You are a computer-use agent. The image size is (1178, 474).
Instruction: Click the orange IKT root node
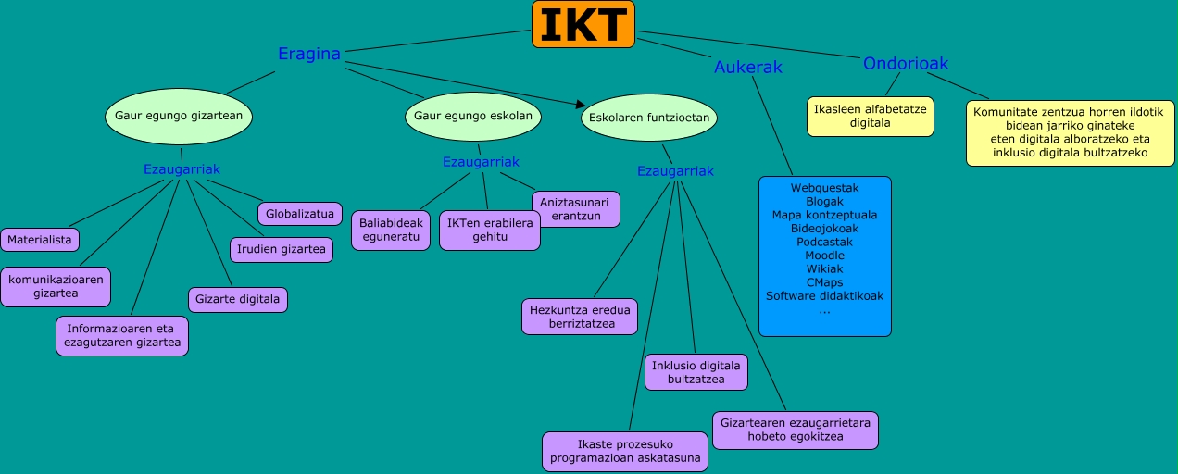tap(583, 25)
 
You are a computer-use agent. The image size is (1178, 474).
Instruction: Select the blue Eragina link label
tap(309, 54)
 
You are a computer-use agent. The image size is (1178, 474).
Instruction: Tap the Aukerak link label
tap(748, 67)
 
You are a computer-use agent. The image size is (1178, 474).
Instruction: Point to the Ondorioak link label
tap(905, 63)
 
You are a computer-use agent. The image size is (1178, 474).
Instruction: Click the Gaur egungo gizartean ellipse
tap(179, 116)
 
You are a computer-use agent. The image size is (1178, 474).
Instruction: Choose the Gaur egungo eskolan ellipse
tap(473, 116)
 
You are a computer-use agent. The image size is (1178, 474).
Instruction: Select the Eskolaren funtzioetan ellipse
tap(649, 118)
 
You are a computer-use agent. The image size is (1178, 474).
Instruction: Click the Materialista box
tap(40, 240)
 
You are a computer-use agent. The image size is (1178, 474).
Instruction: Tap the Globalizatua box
tap(299, 214)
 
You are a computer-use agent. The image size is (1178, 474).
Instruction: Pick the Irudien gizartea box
tap(282, 249)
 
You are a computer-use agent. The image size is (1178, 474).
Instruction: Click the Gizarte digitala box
tap(237, 300)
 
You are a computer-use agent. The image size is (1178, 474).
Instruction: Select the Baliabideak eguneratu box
tap(390, 230)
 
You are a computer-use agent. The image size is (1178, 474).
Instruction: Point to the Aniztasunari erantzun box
tap(575, 208)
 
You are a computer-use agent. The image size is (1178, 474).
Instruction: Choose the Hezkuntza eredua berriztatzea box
tap(580, 317)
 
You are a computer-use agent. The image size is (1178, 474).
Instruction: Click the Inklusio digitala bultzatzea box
tap(696, 372)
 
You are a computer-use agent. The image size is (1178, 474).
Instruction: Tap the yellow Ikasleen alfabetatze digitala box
tap(870, 116)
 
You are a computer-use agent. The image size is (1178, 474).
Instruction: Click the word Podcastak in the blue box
tap(824, 242)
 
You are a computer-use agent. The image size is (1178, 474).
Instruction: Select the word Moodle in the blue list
tap(824, 256)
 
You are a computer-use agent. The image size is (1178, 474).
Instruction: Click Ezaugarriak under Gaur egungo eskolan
tap(480, 162)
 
